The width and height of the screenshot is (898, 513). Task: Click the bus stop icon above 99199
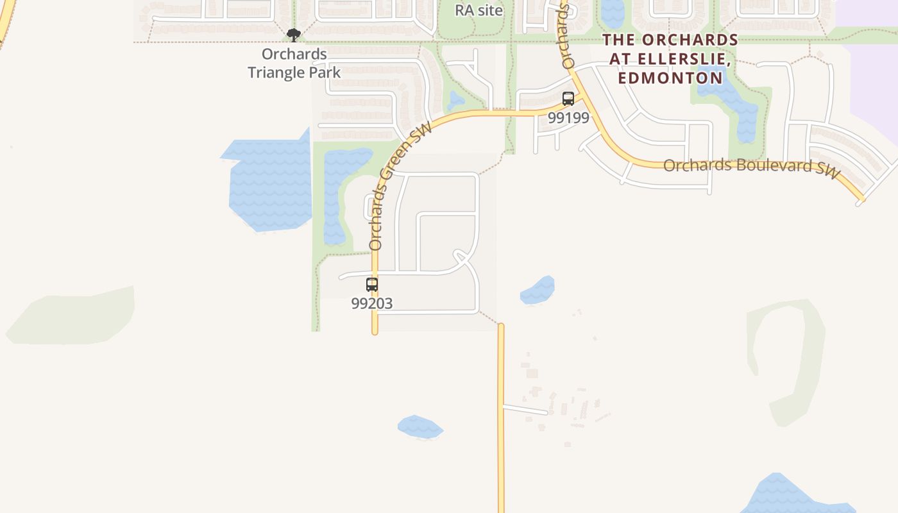tap(568, 99)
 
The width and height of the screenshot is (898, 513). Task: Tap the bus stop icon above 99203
tap(372, 285)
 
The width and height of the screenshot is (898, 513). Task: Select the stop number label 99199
tap(568, 118)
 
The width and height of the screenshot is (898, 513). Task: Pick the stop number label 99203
tap(372, 303)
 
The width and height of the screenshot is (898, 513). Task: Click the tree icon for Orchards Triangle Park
tap(294, 35)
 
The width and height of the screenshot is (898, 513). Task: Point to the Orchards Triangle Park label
tap(294, 63)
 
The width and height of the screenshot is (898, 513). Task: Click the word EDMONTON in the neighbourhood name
tap(670, 78)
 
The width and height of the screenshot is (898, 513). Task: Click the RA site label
tap(479, 10)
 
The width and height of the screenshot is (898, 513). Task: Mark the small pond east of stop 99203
tap(538, 290)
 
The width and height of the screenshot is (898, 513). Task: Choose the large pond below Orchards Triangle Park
tap(269, 183)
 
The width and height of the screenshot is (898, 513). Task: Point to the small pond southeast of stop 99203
tap(420, 427)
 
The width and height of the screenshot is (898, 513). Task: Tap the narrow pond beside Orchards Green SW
tap(340, 192)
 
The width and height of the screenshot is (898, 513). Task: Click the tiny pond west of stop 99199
tap(456, 100)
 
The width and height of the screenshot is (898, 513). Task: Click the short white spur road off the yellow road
tap(525, 409)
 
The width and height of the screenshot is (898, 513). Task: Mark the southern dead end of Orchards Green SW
tap(375, 331)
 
